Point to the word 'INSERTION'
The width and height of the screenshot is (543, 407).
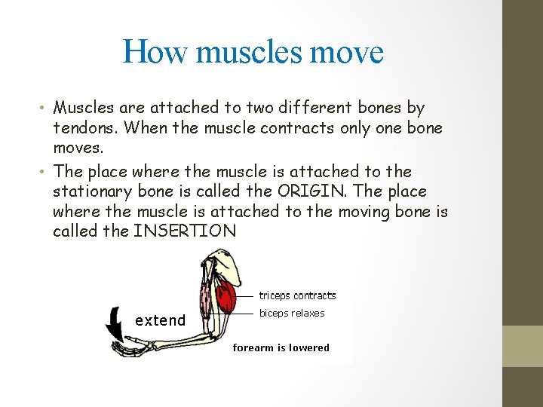click(x=185, y=231)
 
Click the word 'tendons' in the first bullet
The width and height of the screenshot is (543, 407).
click(x=85, y=127)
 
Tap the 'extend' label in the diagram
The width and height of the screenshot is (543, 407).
click(x=160, y=320)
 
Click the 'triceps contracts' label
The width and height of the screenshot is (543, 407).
click(x=297, y=295)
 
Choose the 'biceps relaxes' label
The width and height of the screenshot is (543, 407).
click(x=292, y=313)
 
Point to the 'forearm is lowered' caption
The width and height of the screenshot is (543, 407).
click(x=281, y=347)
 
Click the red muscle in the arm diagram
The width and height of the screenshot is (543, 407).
click(x=225, y=296)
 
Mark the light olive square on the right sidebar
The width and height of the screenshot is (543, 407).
click(x=523, y=346)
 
